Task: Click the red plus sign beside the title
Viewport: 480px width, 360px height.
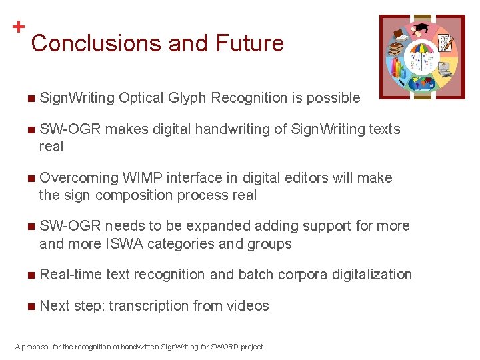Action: coord(19,27)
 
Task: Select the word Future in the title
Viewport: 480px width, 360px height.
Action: coord(249,44)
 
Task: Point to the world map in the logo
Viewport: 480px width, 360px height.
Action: coord(420,83)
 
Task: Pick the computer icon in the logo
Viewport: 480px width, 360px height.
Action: coord(443,67)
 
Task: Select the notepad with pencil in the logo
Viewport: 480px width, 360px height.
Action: coord(445,43)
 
